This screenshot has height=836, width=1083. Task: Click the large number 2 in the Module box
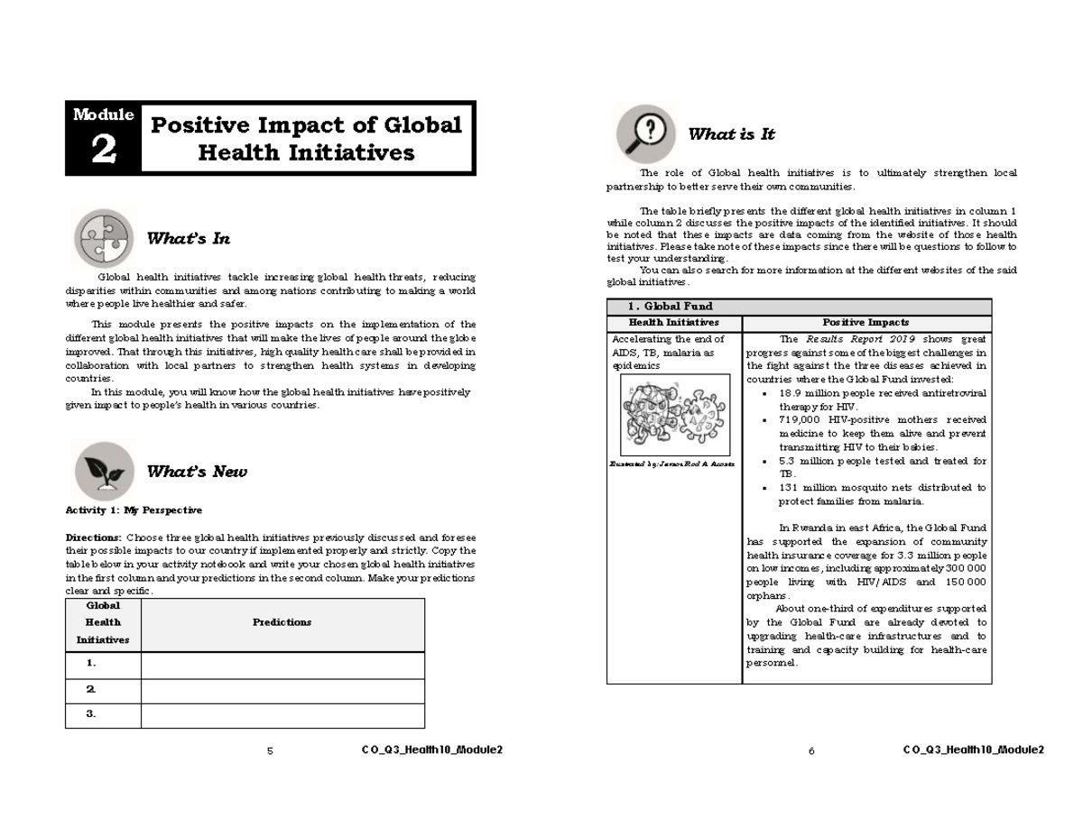(103, 152)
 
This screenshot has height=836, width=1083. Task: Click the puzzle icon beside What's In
(103, 238)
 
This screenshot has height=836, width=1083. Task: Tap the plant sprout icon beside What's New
(103, 471)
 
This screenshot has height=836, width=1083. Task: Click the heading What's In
(188, 239)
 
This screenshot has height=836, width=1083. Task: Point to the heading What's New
(196, 472)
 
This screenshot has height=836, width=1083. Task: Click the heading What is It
(731, 134)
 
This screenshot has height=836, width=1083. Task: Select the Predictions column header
(282, 622)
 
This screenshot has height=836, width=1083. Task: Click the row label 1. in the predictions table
(91, 663)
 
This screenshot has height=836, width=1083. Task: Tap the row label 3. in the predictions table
(91, 713)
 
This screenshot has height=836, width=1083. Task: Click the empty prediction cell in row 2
(282, 689)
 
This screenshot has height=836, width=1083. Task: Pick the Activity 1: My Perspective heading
(134, 510)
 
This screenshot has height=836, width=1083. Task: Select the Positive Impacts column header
(865, 322)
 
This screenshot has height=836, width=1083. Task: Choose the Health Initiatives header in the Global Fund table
(673, 322)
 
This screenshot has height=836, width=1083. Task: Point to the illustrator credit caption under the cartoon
(672, 464)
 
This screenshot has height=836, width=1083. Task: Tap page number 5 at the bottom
(270, 752)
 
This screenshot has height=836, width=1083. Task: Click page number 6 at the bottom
(811, 752)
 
